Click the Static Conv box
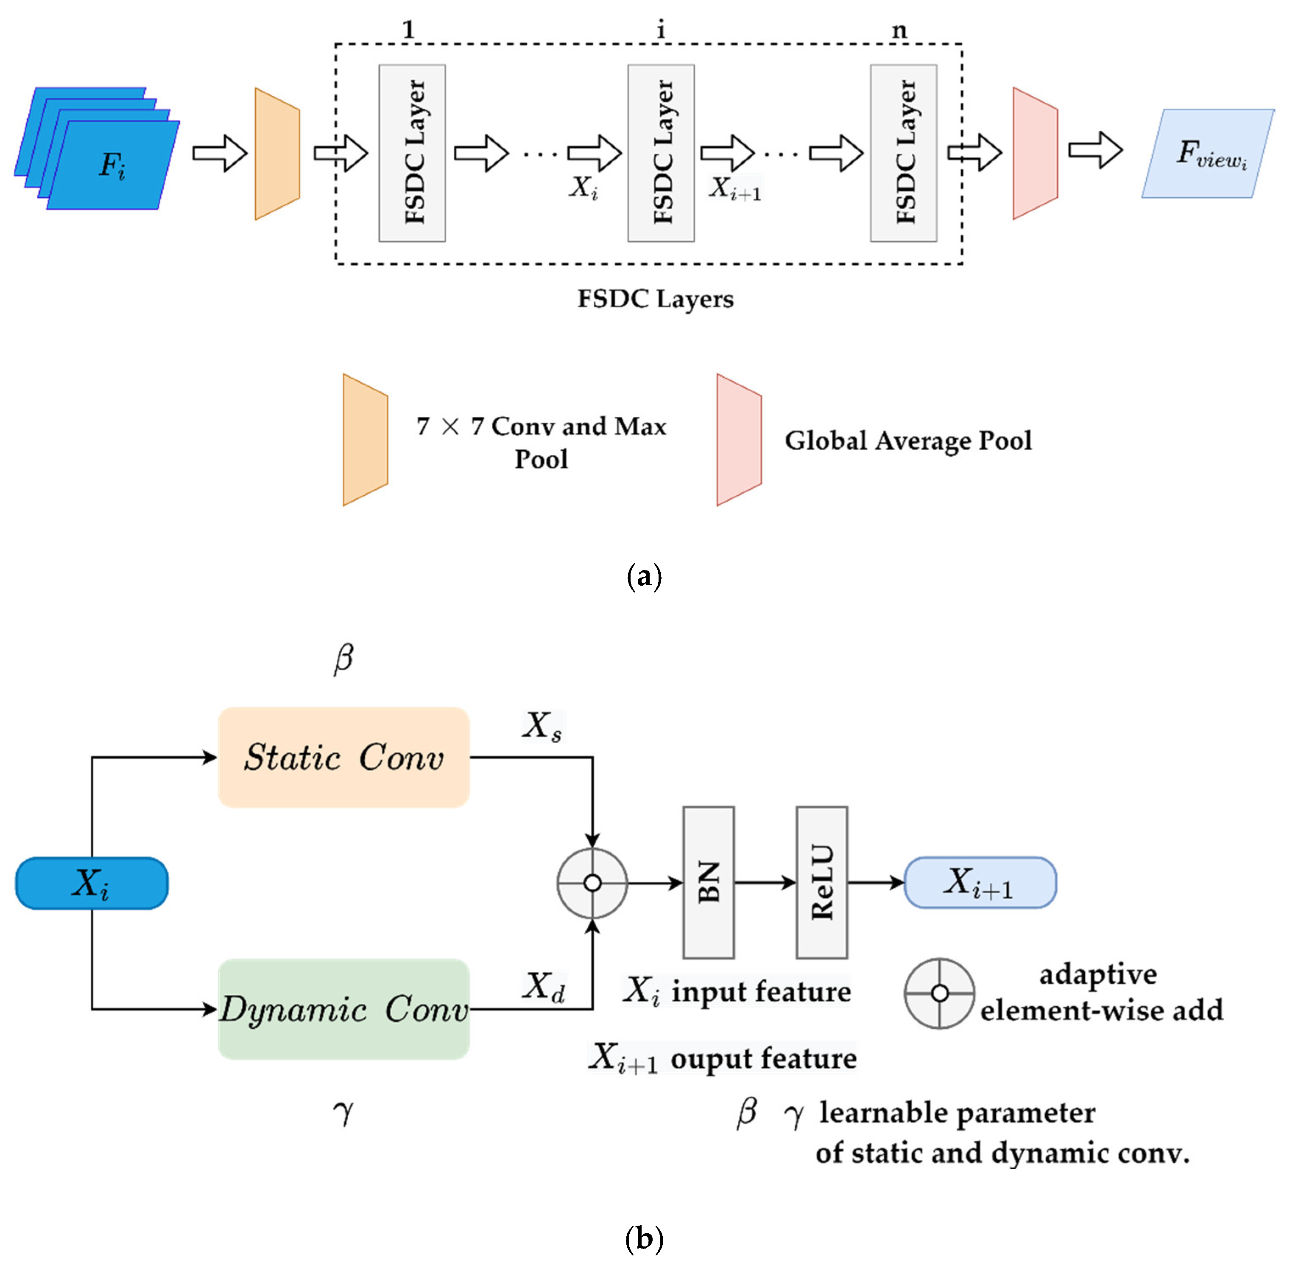coord(343,757)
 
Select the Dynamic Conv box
coord(343,1009)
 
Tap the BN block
coord(708,882)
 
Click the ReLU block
coord(821,882)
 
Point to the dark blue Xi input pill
coord(92,883)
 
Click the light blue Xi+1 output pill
coord(979,882)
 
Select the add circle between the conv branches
coord(592,883)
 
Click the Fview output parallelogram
coord(1207,153)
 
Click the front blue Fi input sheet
coord(113,166)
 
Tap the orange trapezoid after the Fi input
coord(277,153)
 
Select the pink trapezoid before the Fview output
coord(1034,153)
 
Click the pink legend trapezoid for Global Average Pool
coord(738,440)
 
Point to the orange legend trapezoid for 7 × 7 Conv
coord(365,440)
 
